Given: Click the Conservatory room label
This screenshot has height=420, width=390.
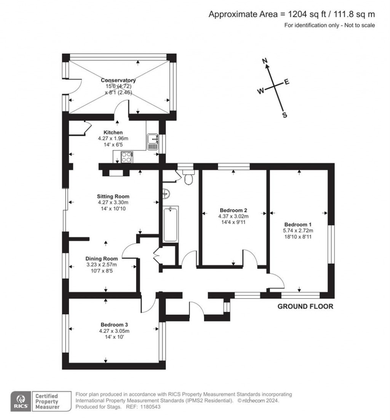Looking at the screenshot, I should [x=118, y=80].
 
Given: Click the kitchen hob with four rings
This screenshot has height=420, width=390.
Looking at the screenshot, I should [x=126, y=156].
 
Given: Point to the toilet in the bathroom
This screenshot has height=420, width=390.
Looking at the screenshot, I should [x=188, y=177].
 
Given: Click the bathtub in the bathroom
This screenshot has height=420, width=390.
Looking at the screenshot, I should [x=170, y=224].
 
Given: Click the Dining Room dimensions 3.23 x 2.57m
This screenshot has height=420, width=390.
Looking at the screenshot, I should [x=101, y=265].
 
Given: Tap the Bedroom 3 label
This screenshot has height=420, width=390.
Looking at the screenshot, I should [x=114, y=325].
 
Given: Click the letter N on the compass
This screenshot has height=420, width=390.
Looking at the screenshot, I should [x=266, y=61].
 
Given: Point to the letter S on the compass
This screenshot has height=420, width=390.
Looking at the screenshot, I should [x=284, y=115].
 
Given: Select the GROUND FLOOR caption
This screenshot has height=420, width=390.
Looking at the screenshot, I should [x=305, y=307].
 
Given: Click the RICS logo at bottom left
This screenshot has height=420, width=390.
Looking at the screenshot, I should [x=21, y=401].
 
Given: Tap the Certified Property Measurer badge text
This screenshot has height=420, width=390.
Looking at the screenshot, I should [x=47, y=401].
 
